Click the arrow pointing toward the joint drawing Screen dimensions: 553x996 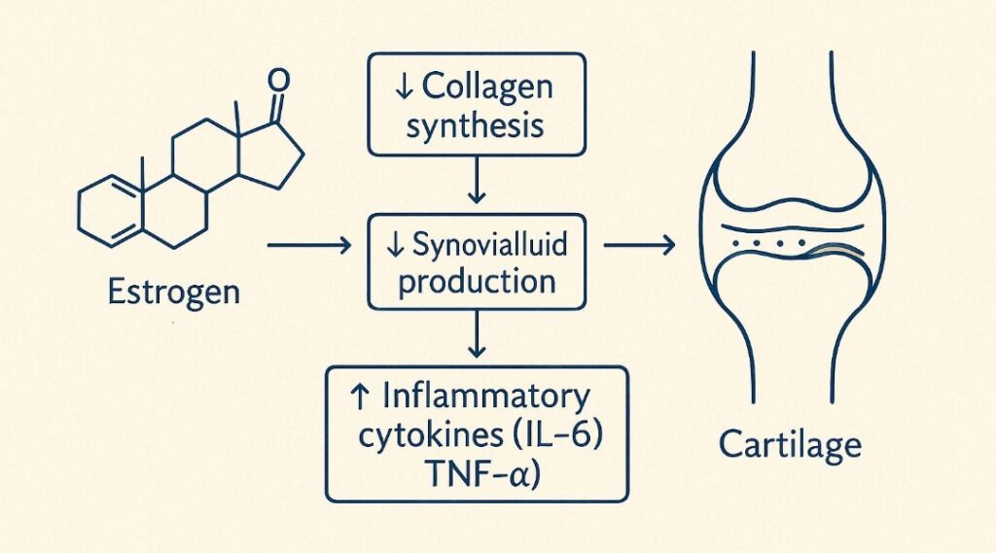click(639, 246)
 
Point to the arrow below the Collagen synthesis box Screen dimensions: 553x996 click(476, 180)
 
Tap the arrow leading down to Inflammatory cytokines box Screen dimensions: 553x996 click(476, 334)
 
